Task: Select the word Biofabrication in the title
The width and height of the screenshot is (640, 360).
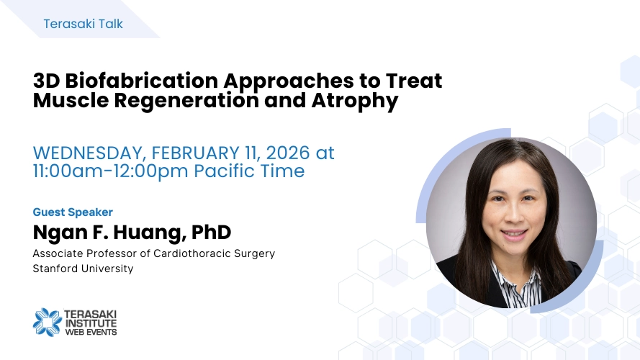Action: pyautogui.click(x=142, y=81)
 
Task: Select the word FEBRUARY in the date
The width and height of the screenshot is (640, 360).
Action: pyautogui.click(x=195, y=153)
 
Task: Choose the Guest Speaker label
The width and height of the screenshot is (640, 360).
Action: pyautogui.click(x=73, y=212)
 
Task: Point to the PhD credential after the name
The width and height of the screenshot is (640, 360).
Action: pyautogui.click(x=211, y=232)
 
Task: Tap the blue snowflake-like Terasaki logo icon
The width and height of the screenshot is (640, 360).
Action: pyautogui.click(x=48, y=322)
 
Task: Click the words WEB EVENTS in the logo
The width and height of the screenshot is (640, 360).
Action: pyautogui.click(x=91, y=332)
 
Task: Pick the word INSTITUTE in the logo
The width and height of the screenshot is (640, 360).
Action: pyautogui.click(x=91, y=323)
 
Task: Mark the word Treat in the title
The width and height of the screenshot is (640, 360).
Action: pyautogui.click(x=414, y=81)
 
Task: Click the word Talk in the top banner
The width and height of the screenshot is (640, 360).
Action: pyautogui.click(x=111, y=24)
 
